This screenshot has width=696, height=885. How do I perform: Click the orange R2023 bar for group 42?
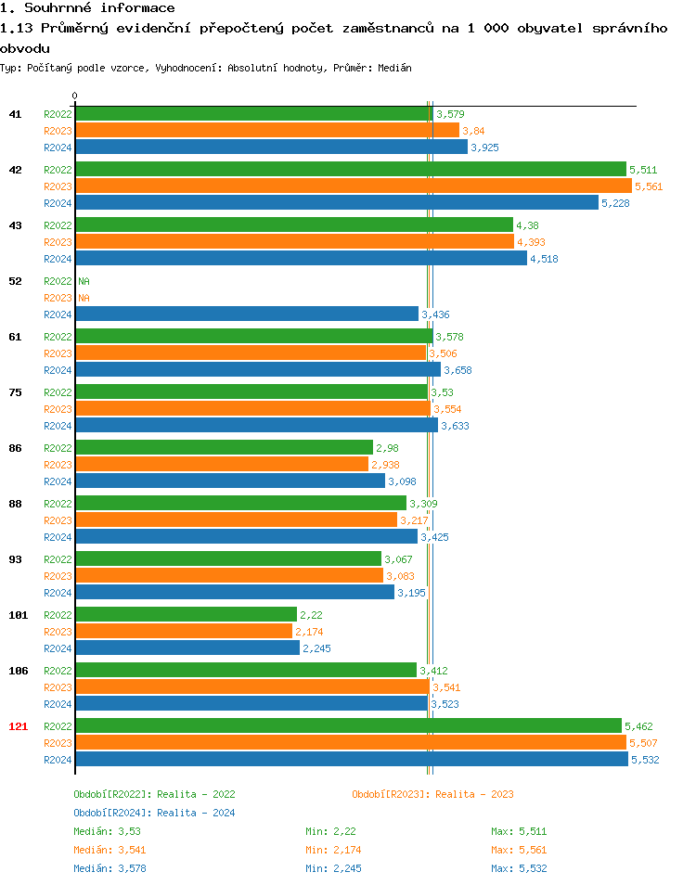click(353, 186)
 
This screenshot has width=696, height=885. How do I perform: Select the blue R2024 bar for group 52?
click(247, 314)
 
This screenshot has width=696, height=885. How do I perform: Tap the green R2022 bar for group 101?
click(186, 615)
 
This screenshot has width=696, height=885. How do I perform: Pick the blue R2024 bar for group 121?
click(351, 760)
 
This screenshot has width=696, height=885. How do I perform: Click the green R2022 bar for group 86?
click(224, 448)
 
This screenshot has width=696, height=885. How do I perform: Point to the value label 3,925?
click(485, 147)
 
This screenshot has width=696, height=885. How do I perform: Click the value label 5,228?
click(616, 203)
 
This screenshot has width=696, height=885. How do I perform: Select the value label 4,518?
click(544, 259)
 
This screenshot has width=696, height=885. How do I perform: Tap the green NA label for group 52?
click(84, 281)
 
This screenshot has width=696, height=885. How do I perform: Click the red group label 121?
click(18, 726)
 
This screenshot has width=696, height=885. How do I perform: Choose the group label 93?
click(15, 559)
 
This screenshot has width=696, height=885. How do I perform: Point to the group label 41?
click(15, 114)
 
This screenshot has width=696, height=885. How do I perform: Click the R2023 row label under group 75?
click(58, 409)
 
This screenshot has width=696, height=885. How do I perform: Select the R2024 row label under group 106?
click(58, 704)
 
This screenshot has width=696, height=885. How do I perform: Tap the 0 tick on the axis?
click(75, 96)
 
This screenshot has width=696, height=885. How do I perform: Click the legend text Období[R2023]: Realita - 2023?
click(432, 794)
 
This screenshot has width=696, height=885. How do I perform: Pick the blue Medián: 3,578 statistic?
click(110, 868)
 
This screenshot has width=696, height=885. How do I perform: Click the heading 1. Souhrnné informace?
click(87, 8)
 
